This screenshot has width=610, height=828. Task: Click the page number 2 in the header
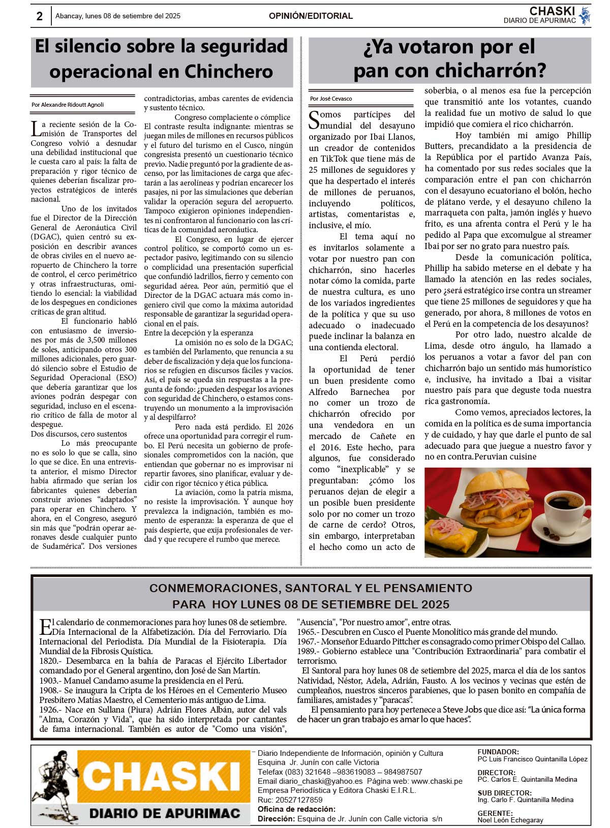(x=39, y=16)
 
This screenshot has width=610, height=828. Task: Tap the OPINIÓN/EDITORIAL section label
(x=311, y=16)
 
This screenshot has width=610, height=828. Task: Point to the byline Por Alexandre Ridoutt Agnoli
(x=68, y=105)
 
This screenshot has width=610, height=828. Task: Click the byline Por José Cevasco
(x=331, y=99)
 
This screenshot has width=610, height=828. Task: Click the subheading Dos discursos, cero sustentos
(x=79, y=434)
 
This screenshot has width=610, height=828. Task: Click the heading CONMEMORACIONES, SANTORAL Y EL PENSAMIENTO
(x=311, y=588)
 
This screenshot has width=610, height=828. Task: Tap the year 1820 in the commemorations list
(x=50, y=661)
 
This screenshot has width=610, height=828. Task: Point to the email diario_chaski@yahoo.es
(x=310, y=781)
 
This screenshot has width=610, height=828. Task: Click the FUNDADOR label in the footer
(x=498, y=752)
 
